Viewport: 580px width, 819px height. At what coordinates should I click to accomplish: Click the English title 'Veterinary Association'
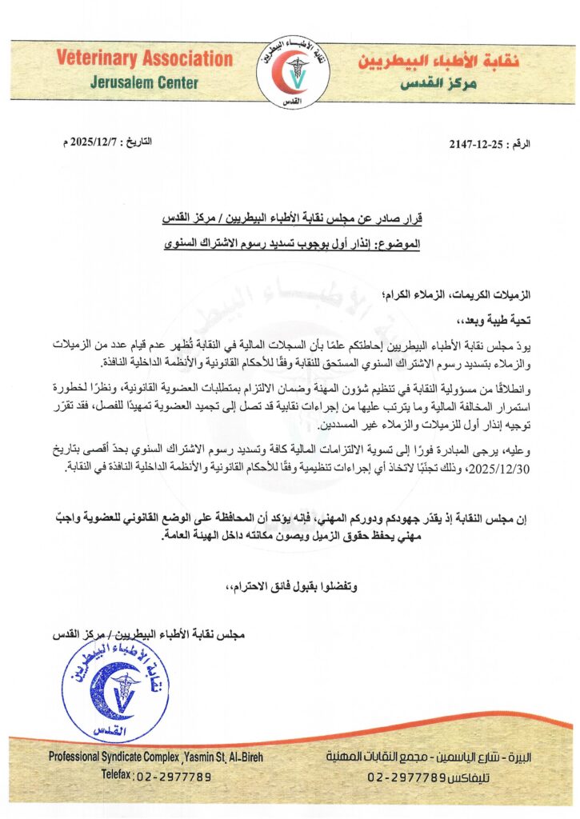coord(145,58)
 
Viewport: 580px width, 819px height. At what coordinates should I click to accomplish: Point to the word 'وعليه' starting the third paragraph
coord(518,452)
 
